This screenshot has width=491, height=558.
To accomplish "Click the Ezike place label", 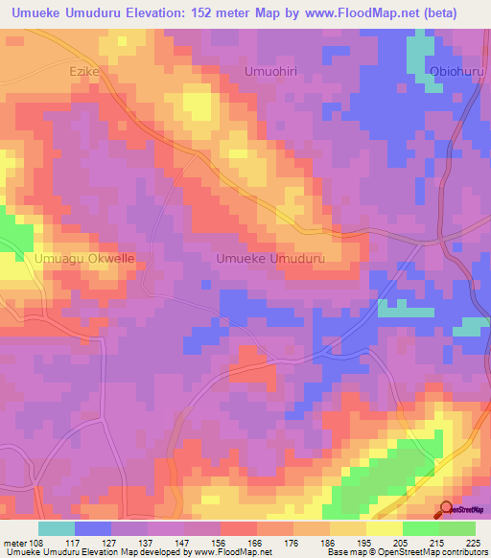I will coord(84,71).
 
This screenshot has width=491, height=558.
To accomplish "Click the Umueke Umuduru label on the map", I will coord(271,259).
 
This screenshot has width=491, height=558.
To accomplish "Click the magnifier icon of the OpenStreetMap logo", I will coord(447,509).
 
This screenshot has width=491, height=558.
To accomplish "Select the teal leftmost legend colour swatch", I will coord(56,528).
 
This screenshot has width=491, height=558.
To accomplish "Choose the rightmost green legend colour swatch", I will coord(456,528).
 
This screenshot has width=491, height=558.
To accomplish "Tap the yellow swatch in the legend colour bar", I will coord(384,528).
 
